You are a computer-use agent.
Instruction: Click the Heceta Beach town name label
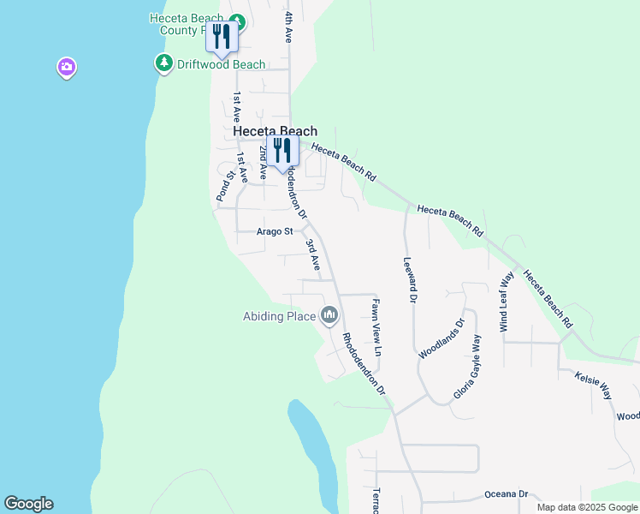tap(276, 131)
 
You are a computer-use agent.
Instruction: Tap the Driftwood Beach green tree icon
tap(163, 63)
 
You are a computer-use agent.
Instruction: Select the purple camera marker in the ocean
tap(67, 67)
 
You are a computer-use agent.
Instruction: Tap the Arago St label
tap(275, 231)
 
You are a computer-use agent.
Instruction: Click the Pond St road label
tap(225, 187)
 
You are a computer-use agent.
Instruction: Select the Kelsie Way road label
tap(594, 385)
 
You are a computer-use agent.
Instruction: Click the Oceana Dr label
tap(507, 494)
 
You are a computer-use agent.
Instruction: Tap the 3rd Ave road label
tap(313, 254)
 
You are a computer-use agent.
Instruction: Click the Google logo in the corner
tap(28, 504)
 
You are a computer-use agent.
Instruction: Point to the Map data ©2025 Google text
tap(586, 507)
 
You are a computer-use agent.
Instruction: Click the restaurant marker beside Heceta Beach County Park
tap(222, 36)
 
